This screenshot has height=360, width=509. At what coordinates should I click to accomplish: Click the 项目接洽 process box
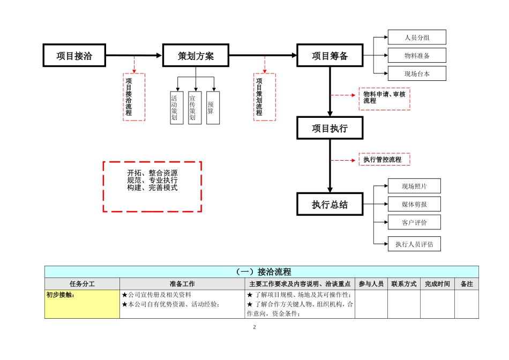[x=74, y=56]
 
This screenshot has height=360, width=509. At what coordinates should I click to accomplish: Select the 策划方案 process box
[x=196, y=56]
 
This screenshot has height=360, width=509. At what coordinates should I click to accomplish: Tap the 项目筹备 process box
[x=330, y=56]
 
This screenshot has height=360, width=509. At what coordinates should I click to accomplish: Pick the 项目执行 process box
[x=330, y=129]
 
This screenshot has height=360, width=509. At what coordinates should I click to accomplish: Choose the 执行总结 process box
[x=330, y=204]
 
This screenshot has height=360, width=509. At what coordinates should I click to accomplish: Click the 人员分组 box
[x=417, y=37]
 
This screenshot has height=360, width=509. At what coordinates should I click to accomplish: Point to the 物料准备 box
[x=417, y=56]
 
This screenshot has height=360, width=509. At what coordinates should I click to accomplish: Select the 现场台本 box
[x=417, y=74]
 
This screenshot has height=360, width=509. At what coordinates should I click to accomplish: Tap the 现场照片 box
[x=414, y=186]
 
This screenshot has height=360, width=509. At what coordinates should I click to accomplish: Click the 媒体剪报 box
[x=414, y=204]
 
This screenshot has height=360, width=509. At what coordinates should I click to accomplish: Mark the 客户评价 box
[x=414, y=222]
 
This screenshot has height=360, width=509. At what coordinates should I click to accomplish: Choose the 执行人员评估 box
[x=414, y=244]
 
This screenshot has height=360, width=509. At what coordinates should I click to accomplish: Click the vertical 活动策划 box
[x=177, y=108]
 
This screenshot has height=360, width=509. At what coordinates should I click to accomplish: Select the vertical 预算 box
[x=213, y=108]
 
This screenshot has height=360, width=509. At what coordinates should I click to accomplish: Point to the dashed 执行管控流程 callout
[x=384, y=160]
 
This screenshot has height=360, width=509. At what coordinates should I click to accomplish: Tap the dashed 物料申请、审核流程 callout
[x=384, y=99]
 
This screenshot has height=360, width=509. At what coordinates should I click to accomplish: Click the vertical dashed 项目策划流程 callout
[x=264, y=97]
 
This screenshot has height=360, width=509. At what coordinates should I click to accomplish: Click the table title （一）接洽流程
[x=261, y=272]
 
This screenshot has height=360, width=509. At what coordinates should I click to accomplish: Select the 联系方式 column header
[x=403, y=284]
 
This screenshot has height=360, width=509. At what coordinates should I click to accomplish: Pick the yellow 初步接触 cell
[x=82, y=304]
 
